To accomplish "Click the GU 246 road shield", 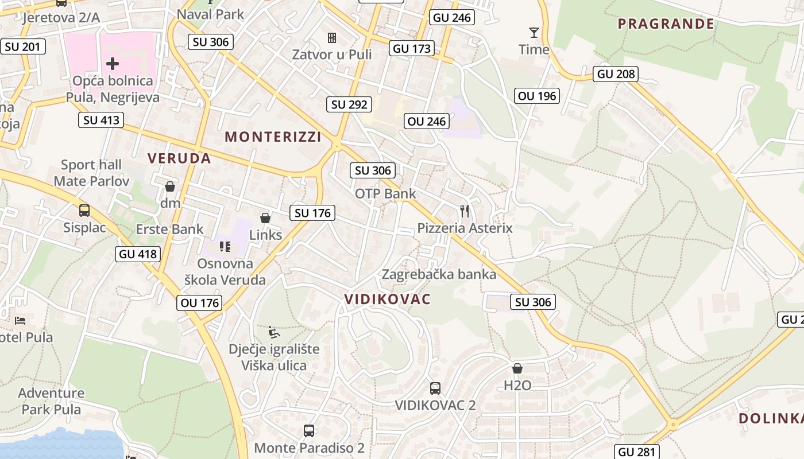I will pyautogui.click(x=452, y=18).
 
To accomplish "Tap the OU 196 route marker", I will pyautogui.click(x=537, y=96).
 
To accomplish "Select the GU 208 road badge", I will pyautogui.click(x=616, y=73).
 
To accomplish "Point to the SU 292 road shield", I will pyautogui.click(x=350, y=104).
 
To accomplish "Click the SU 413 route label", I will pyautogui.click(x=102, y=120).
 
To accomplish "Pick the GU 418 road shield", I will pyautogui.click(x=137, y=254).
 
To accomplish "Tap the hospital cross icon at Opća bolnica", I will pyautogui.click(x=113, y=63).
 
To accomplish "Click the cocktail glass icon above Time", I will pyautogui.click(x=534, y=33).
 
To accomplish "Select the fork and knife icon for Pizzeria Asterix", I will pyautogui.click(x=465, y=211).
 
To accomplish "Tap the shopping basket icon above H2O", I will pyautogui.click(x=517, y=368).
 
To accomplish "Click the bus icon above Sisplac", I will pyautogui.click(x=84, y=211).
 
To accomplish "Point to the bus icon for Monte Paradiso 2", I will pyautogui.click(x=309, y=430).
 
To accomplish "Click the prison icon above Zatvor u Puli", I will pyautogui.click(x=332, y=38).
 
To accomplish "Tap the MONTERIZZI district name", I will pyautogui.click(x=273, y=137).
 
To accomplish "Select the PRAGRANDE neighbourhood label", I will pyautogui.click(x=666, y=24).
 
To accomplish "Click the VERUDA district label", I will pyautogui.click(x=179, y=158).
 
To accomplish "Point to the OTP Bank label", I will pyautogui.click(x=385, y=193).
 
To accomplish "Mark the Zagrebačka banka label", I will pyautogui.click(x=439, y=274).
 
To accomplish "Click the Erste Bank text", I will pyautogui.click(x=169, y=229).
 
